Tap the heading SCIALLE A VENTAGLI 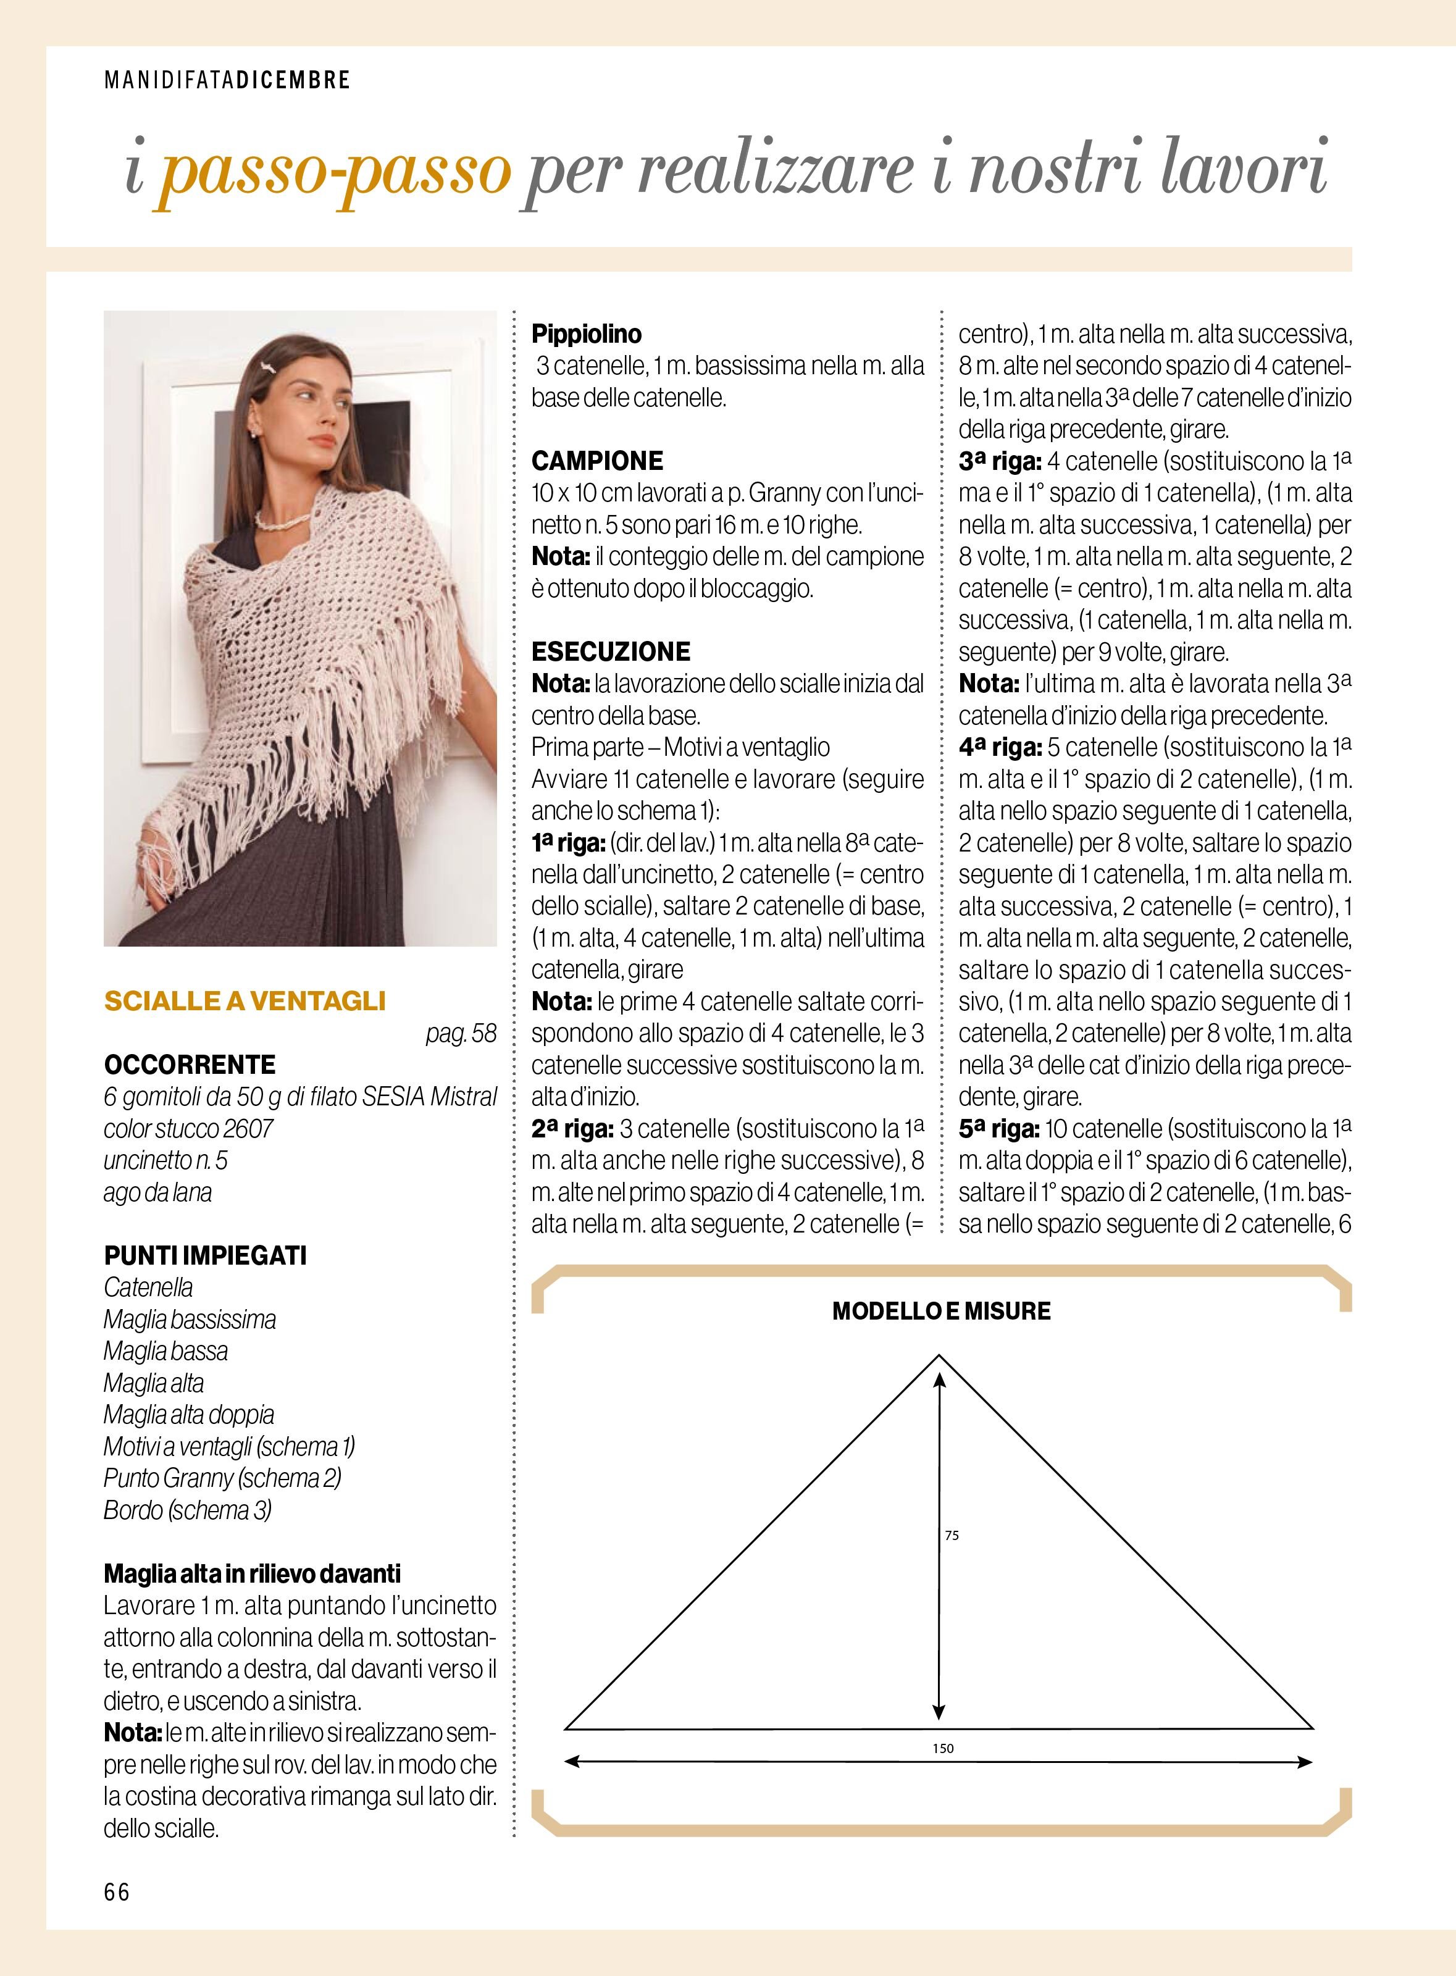[x=245, y=1000]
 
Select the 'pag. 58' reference [x=461, y=1033]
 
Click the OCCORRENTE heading [x=190, y=1065]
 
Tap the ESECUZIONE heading [x=611, y=651]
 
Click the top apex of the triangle [x=937, y=1358]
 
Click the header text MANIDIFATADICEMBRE [x=227, y=80]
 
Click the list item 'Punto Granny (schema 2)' [x=222, y=1478]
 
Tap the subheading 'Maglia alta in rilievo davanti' [x=252, y=1573]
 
